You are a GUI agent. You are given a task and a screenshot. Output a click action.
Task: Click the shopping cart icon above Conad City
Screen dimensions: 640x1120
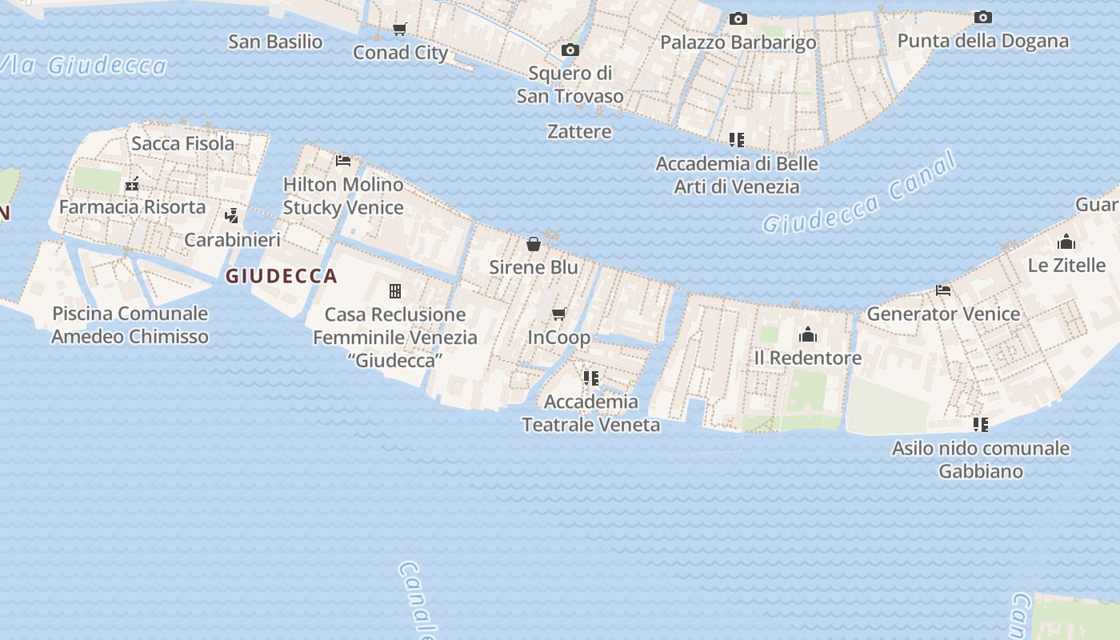point(399,30)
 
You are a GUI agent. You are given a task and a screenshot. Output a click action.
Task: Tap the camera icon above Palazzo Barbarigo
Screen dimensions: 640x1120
point(738,18)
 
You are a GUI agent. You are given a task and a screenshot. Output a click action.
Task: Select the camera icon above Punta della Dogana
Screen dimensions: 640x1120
point(982,17)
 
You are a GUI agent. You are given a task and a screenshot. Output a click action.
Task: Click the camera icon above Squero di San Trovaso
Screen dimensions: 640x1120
point(570,50)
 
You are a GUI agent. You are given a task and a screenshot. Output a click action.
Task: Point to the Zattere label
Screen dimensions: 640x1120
point(579,131)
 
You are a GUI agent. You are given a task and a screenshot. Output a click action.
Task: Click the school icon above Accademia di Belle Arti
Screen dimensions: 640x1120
point(736,140)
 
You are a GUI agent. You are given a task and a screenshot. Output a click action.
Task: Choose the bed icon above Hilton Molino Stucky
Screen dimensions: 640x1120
point(343,160)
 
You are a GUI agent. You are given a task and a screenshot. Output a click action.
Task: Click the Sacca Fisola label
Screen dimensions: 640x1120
point(182,143)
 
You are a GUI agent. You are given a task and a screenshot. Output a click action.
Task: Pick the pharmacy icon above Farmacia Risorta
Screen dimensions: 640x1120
point(132,184)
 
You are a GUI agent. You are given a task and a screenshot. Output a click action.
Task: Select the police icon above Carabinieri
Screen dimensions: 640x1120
point(232,215)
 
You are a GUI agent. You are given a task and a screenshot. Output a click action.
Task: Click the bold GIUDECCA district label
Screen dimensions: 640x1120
point(281,277)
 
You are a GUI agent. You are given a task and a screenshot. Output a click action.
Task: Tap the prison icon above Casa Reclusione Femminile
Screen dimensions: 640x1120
point(394,290)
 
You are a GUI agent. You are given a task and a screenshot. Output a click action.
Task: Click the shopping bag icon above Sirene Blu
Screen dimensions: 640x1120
point(534,243)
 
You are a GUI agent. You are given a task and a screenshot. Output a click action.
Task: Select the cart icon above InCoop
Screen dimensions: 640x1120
point(558,314)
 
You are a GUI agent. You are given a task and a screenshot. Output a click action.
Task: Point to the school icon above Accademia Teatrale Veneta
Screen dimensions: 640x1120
point(590,378)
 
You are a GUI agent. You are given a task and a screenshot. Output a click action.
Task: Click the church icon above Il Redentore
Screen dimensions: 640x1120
point(807,334)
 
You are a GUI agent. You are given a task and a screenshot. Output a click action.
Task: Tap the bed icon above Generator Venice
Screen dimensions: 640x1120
point(943,290)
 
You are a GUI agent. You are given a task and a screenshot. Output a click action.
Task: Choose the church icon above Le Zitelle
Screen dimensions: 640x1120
point(1066,242)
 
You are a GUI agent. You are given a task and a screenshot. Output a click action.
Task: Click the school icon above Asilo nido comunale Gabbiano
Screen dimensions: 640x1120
point(980,424)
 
